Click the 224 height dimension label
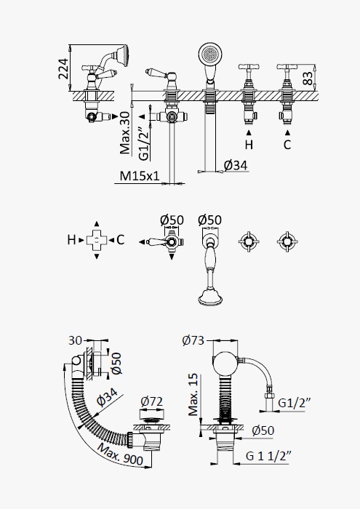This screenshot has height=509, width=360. click(x=63, y=69)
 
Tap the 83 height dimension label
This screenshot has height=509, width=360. click(x=308, y=78)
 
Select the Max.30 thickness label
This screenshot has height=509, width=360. click(x=124, y=132)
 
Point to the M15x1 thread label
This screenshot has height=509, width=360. click(x=140, y=176)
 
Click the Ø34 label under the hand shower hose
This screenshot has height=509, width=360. click(x=236, y=166)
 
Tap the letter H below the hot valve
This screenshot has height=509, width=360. click(x=249, y=145)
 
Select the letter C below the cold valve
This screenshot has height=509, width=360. click(x=287, y=145)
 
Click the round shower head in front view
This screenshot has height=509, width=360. click(x=210, y=54)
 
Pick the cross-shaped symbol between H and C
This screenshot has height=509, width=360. click(x=97, y=240)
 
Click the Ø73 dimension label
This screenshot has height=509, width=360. click(x=193, y=340)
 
